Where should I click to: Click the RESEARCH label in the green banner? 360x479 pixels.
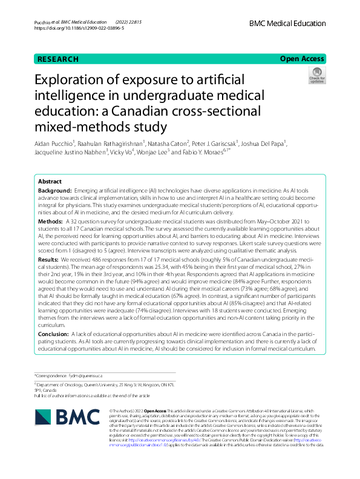pyautogui.click(x=58, y=59)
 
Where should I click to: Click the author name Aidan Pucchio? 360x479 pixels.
pyautogui.click(x=55, y=143)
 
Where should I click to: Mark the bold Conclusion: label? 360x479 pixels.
pyautogui.click(x=54, y=334)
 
